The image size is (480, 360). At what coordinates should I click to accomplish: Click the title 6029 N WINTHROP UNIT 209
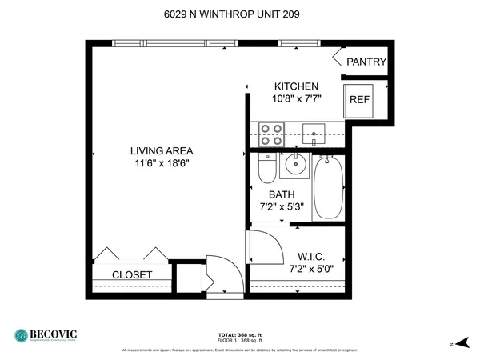(239, 14)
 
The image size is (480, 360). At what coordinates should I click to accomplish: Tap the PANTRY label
(366, 62)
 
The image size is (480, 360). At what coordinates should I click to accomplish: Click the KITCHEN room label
(297, 86)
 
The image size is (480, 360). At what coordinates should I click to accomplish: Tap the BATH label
(282, 194)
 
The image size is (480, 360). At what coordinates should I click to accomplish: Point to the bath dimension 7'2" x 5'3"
(282, 207)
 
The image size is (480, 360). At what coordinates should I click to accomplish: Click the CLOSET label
(132, 274)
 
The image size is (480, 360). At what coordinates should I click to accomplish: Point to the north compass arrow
(457, 342)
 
